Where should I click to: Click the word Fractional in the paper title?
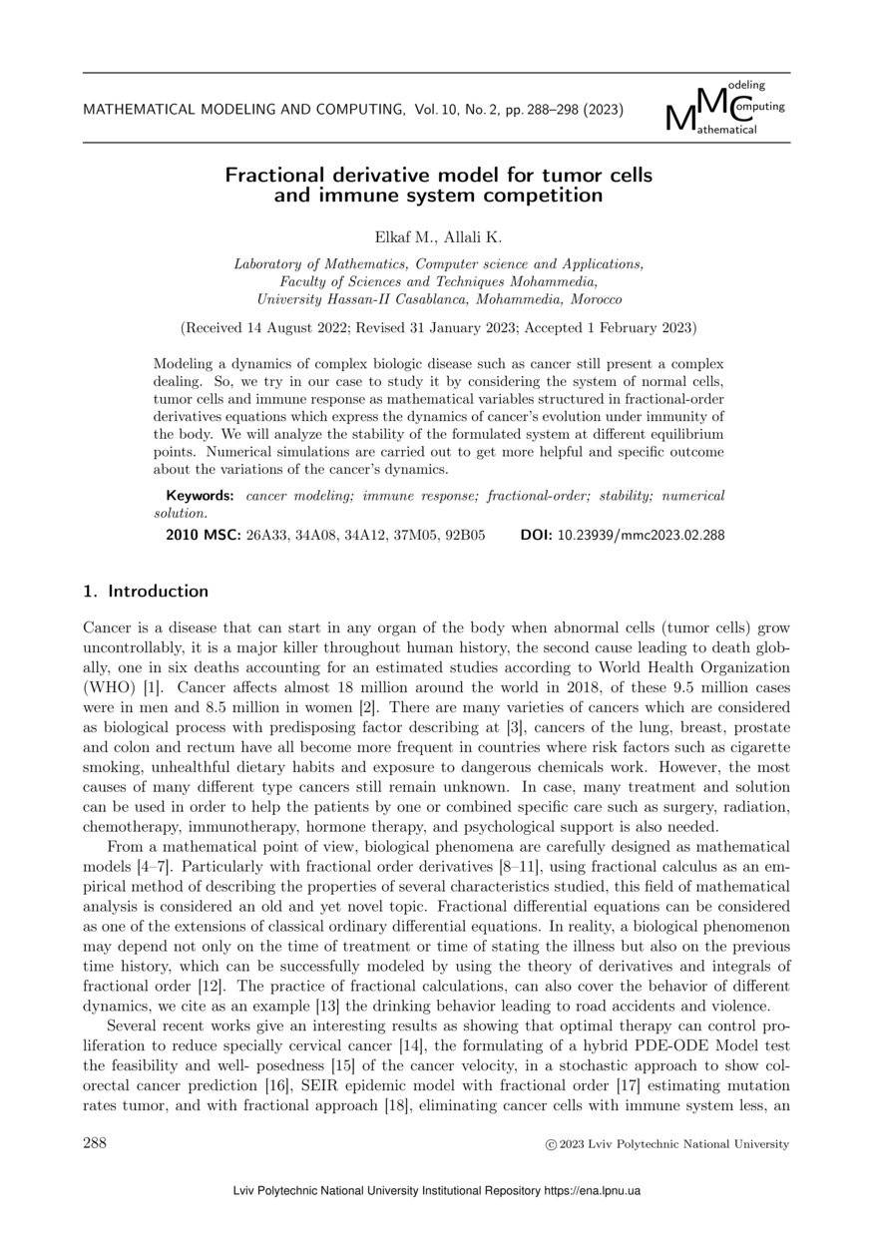(x=270, y=176)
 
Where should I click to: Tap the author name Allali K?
(x=473, y=237)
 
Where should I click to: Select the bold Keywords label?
(x=200, y=496)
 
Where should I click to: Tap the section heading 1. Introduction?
(x=146, y=592)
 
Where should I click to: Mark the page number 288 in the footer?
(x=95, y=1143)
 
